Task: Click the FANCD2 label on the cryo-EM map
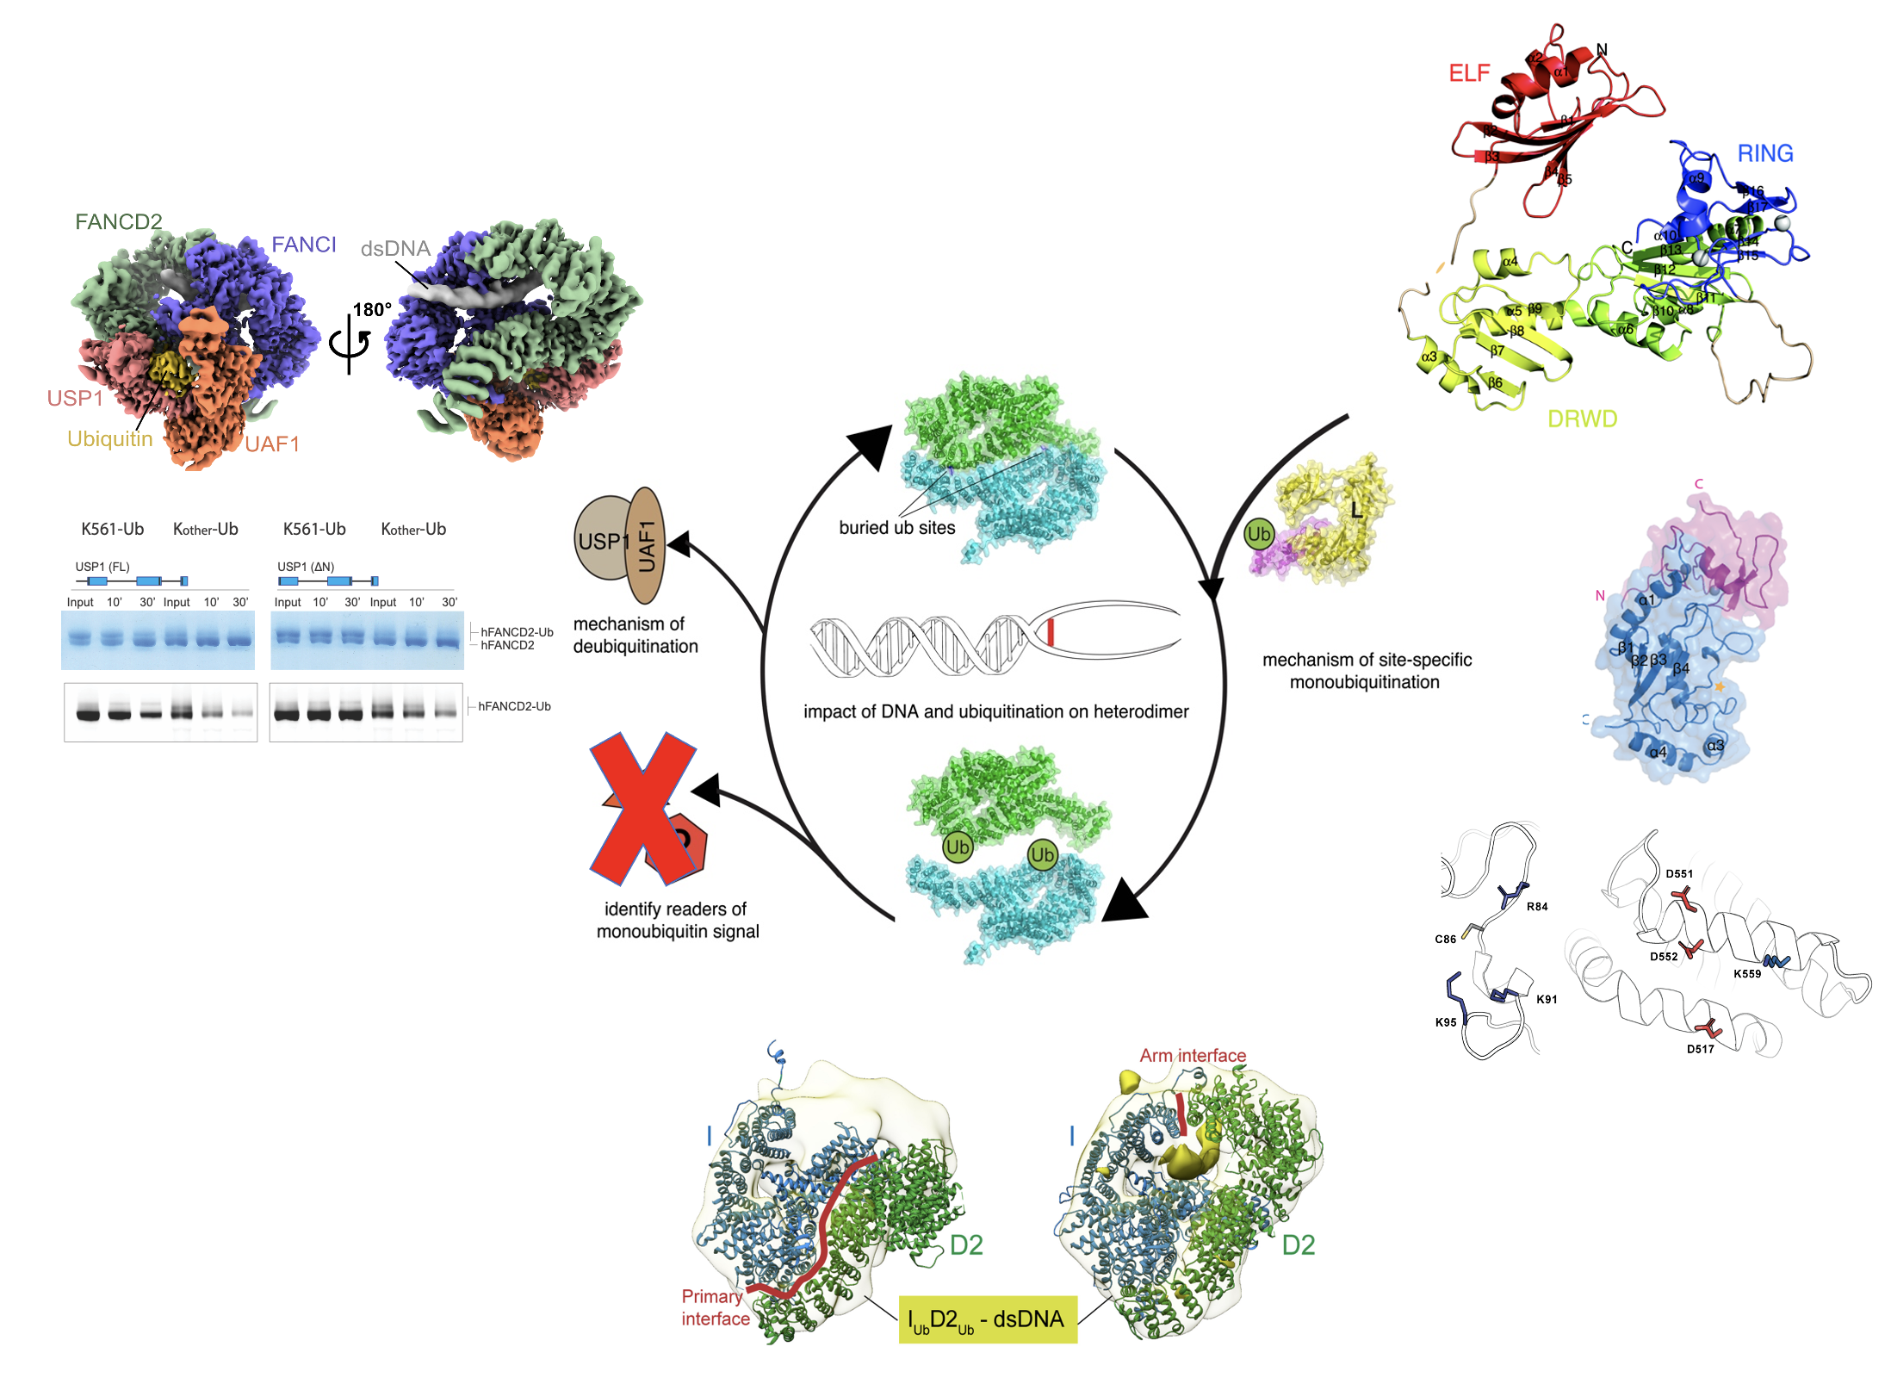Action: click(118, 222)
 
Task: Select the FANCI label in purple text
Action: click(303, 245)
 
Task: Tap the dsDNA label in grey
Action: click(395, 249)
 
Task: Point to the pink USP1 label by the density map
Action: click(75, 399)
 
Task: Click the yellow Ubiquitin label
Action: click(110, 439)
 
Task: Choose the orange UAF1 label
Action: click(271, 444)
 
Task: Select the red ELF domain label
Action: click(1469, 73)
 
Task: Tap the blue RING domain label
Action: click(1764, 153)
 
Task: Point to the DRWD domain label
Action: click(1582, 419)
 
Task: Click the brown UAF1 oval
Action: click(646, 545)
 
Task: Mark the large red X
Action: click(642, 808)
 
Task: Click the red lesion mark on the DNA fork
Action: click(1051, 632)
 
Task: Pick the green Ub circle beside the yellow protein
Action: click(1258, 534)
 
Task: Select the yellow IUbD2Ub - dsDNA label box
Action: click(988, 1319)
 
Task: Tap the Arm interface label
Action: click(1193, 1056)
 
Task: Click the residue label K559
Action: click(1746, 974)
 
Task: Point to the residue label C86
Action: click(1445, 940)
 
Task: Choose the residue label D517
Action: click(1700, 1049)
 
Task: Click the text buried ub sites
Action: click(897, 528)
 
